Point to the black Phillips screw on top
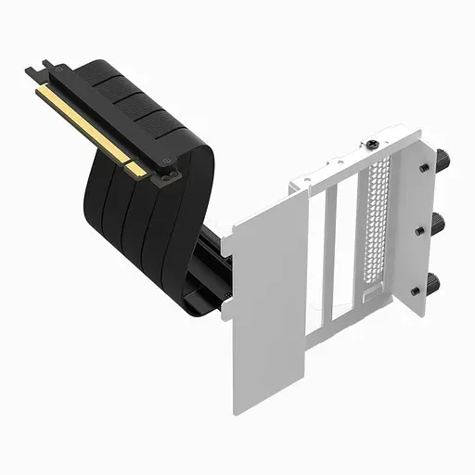(x=372, y=145)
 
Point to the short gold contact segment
(x=135, y=169)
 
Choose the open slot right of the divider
(x=344, y=246)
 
